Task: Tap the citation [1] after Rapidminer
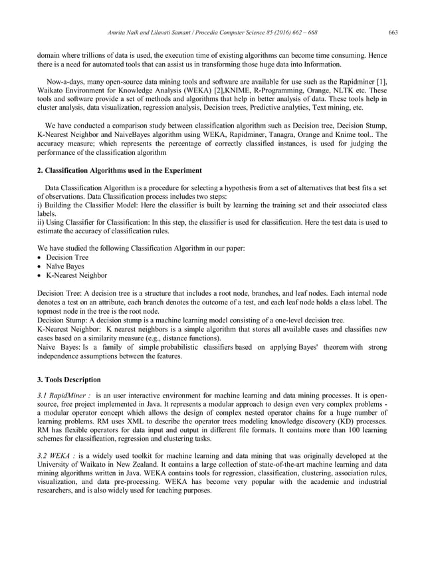381,81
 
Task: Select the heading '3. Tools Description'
68,380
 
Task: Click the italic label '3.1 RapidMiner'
64,396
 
